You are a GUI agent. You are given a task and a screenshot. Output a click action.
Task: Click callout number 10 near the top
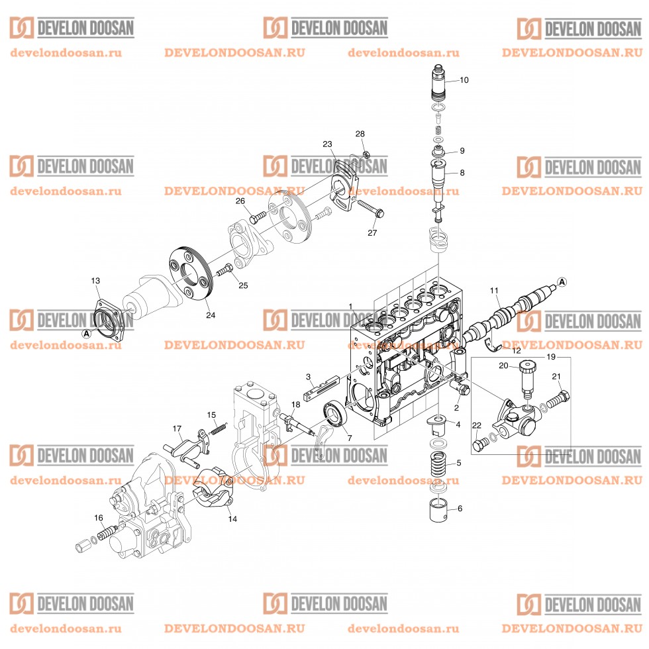pyautogui.click(x=464, y=80)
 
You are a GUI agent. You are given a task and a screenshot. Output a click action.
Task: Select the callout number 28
pyautogui.click(x=360, y=134)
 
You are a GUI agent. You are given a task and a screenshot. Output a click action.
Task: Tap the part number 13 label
pyautogui.click(x=96, y=281)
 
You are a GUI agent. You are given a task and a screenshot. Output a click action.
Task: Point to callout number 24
pyautogui.click(x=210, y=315)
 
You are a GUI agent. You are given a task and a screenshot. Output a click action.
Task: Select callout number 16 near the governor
pyautogui.click(x=99, y=517)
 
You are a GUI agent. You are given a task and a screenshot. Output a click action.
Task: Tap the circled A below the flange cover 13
pyautogui.click(x=85, y=334)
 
